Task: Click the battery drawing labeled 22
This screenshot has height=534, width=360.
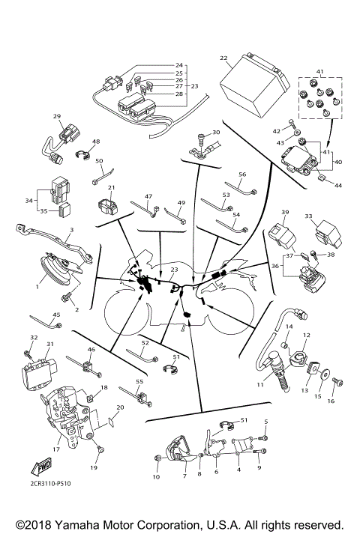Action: point(252,82)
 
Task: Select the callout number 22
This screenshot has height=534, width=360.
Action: point(223,58)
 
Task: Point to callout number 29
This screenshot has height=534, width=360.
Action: point(56,116)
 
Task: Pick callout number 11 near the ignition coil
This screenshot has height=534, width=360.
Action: point(260,385)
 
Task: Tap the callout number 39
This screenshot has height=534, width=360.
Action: point(285,213)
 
